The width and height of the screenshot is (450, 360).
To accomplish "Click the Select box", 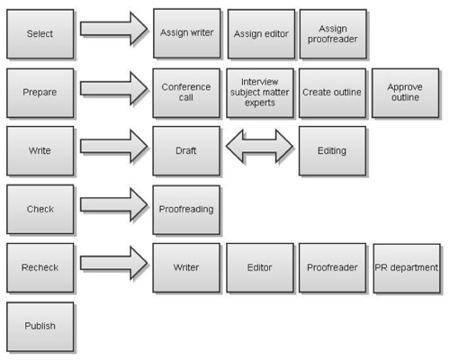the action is click(40, 34).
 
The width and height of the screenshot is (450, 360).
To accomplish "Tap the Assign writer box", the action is click(186, 33).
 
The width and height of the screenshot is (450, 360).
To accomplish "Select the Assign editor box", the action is click(261, 34).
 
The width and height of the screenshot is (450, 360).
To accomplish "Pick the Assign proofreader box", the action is click(333, 34).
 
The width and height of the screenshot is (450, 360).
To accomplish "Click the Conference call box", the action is click(186, 93).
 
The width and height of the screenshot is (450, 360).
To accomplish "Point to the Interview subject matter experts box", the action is click(260, 93).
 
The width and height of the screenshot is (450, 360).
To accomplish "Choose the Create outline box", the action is click(332, 93).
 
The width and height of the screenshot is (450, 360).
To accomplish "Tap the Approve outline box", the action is click(405, 93).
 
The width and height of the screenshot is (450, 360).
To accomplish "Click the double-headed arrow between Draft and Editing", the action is click(259, 146).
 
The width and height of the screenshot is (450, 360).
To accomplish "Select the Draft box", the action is click(186, 151).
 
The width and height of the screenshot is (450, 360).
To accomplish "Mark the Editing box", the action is click(332, 151).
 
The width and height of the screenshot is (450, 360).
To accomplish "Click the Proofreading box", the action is click(186, 210).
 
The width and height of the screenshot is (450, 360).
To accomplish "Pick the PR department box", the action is click(407, 268).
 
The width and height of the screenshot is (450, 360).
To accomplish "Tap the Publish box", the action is click(40, 327).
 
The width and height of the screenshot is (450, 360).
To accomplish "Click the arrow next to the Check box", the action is click(114, 205).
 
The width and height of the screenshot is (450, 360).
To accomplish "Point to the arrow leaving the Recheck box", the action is click(114, 263).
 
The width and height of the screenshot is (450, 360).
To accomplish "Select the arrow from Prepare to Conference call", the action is click(114, 88).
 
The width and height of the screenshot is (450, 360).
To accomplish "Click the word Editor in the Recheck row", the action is click(259, 267).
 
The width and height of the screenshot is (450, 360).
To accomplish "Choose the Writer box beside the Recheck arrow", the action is click(186, 268).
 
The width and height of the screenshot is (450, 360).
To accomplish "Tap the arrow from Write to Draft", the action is click(114, 146).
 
